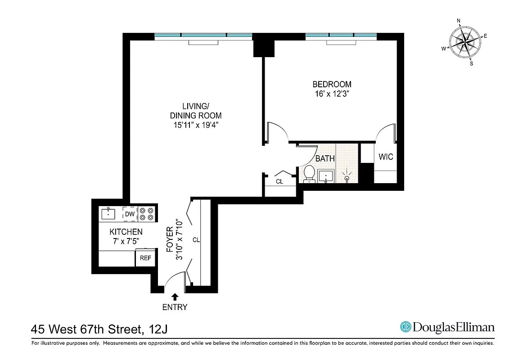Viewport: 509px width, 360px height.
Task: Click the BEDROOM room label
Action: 332,84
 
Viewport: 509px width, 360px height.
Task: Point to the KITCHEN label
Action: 126,232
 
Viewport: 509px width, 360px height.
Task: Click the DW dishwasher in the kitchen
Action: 130,214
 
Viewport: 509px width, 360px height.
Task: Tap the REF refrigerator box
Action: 145,258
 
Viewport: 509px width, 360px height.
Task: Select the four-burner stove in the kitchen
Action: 147,214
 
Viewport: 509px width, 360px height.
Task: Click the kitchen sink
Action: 108,213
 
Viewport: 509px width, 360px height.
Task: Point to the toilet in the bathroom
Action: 309,173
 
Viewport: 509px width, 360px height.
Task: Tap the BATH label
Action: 324,158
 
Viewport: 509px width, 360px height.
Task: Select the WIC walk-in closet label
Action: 386,157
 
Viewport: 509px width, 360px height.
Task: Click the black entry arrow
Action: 175,297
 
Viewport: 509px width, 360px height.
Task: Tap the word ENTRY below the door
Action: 175,308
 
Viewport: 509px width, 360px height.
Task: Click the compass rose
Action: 465,42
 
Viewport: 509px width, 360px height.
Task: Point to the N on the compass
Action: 459,21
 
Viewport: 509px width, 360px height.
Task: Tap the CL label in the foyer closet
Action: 196,240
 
